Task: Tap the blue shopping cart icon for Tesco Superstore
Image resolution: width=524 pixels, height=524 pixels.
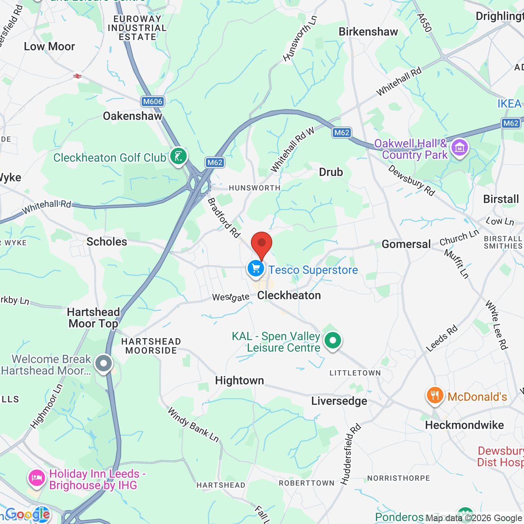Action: tap(256, 269)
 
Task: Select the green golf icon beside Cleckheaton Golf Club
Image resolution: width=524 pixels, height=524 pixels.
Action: tap(178, 156)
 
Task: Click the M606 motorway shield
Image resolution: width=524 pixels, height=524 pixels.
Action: tap(152, 102)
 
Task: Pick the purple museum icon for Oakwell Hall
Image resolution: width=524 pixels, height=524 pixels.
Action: tap(459, 148)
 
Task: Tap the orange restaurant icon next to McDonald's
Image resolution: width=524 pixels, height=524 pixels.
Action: tap(435, 396)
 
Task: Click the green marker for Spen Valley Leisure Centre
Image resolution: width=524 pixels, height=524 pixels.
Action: tap(333, 340)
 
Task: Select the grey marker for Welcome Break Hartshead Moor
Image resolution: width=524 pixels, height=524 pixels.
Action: tap(104, 363)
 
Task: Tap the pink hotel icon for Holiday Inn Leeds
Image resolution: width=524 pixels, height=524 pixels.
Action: tap(36, 478)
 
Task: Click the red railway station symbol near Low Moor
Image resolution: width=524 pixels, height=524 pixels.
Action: tap(77, 76)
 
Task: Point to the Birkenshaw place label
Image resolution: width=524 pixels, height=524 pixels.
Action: tap(368, 32)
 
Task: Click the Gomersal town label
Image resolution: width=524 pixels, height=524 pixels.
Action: tap(406, 244)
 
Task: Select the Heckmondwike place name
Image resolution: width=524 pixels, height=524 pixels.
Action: tap(464, 425)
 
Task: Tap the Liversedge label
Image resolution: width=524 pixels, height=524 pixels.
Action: tap(339, 401)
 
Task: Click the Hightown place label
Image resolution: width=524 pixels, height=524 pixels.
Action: tap(239, 380)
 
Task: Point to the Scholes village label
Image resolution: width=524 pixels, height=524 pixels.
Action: tap(107, 242)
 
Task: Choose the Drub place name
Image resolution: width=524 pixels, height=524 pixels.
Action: tap(331, 172)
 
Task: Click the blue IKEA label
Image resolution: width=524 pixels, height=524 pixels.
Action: tap(509, 104)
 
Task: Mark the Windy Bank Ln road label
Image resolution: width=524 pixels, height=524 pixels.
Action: tap(193, 425)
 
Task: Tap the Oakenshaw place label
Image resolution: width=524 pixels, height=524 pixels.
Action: tap(133, 116)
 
